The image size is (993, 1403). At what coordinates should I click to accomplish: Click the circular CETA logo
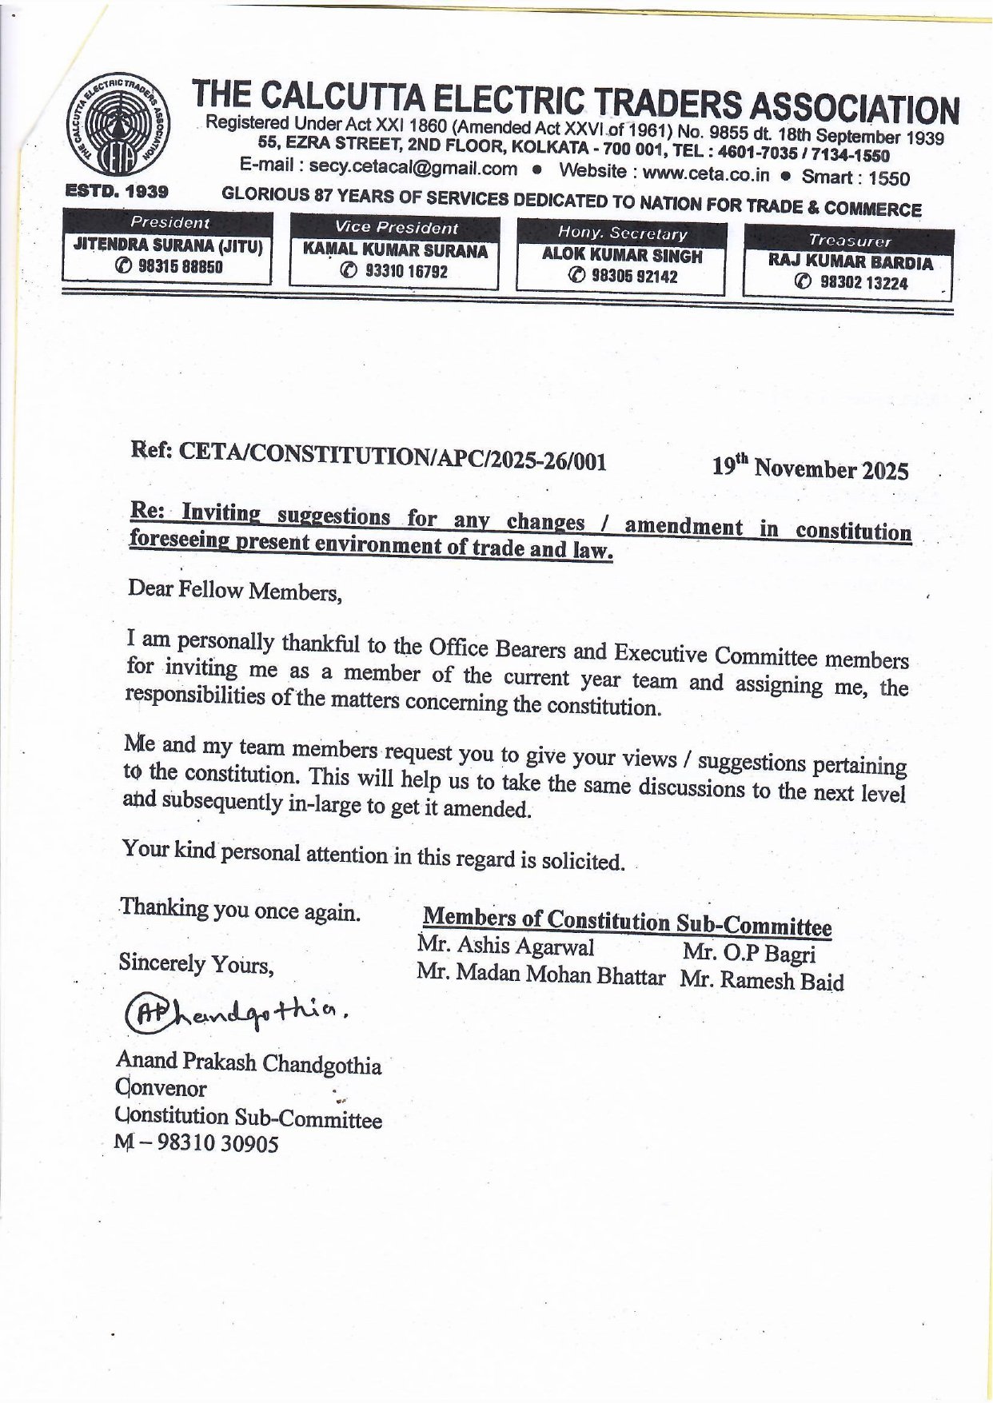pos(115,129)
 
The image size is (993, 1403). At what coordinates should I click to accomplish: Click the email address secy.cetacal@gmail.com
pos(413,168)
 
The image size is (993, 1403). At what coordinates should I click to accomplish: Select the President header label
pos(169,222)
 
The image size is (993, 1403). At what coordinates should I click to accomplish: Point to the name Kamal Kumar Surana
pos(395,251)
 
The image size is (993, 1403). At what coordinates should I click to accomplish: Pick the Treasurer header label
pos(849,240)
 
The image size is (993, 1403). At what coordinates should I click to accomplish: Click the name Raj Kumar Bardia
pos(850,262)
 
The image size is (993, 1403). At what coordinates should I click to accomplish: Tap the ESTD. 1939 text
pos(117,192)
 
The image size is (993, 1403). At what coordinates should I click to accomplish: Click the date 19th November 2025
pos(810,468)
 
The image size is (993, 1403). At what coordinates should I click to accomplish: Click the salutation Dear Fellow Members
pos(234,591)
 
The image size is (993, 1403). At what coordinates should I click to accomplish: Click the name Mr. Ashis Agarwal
pos(505,947)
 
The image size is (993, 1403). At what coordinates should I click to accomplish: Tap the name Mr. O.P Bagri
pos(749,953)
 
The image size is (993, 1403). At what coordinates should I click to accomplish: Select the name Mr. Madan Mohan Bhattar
pos(540,975)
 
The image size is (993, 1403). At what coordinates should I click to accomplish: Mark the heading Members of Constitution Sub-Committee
pos(627,922)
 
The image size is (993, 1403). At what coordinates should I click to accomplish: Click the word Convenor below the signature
pos(162,1088)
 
